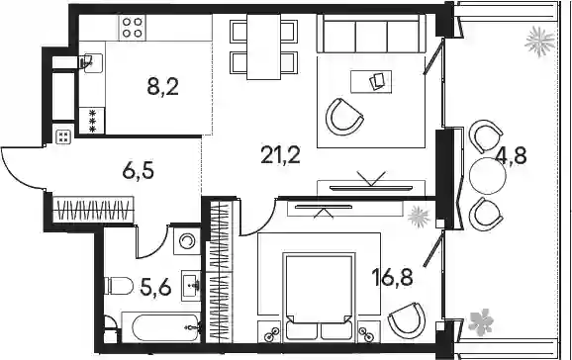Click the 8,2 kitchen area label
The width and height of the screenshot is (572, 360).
click(x=162, y=87)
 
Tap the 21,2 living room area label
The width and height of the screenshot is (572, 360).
click(x=280, y=155)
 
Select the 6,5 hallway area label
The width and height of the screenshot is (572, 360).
click(x=139, y=171)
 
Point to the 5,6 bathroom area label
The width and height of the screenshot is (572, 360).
click(x=155, y=288)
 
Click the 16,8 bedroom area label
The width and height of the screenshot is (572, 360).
click(x=392, y=277)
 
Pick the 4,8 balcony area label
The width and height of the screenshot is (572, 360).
click(x=512, y=156)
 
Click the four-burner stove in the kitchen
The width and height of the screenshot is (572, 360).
click(x=132, y=28)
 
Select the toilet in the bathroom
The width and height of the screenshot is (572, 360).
click(x=119, y=285)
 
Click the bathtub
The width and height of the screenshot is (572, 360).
click(x=160, y=327)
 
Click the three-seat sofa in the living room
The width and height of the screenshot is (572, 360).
click(x=371, y=34)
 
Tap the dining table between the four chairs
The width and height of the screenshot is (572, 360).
click(x=264, y=46)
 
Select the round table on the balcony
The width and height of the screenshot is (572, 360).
click(x=488, y=176)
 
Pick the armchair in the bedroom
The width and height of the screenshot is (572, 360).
click(x=407, y=320)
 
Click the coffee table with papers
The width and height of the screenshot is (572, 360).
click(x=371, y=82)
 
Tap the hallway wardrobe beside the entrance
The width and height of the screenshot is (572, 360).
click(x=93, y=210)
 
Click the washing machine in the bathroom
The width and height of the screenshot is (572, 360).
click(x=187, y=241)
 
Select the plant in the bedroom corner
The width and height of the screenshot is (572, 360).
click(x=420, y=217)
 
